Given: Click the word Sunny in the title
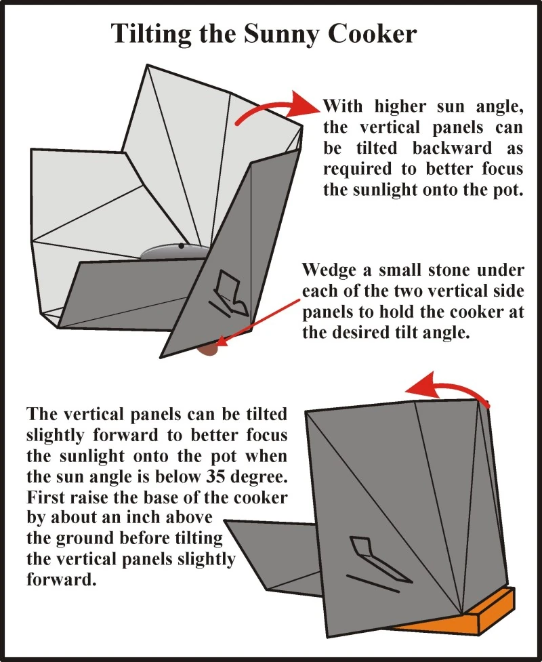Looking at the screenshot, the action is [x=282, y=35].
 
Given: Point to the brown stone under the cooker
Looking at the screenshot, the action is [x=209, y=349].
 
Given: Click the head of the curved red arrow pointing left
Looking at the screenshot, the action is [x=423, y=384].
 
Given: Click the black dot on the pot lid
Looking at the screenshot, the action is [x=181, y=245].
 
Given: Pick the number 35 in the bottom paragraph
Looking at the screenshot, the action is [x=217, y=476].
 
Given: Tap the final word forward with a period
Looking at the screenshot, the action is [x=62, y=579].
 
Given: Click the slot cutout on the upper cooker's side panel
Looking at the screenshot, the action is [x=230, y=293].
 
